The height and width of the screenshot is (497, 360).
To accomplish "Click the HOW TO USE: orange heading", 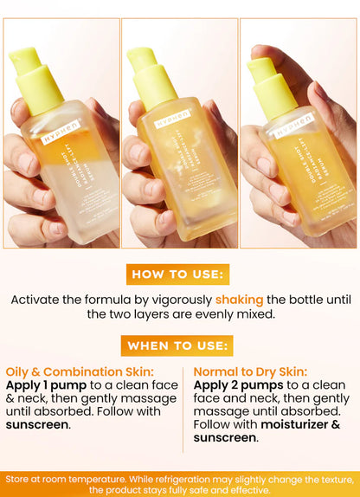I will pyautogui.click(x=179, y=274).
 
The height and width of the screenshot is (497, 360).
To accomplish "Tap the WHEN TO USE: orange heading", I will pyautogui.click(x=179, y=345).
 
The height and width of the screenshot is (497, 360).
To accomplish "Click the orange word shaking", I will pyautogui.click(x=239, y=300).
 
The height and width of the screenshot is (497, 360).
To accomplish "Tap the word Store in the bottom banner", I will pyautogui.click(x=22, y=478).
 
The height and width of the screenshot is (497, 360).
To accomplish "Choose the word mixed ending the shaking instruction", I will pyautogui.click(x=254, y=314).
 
